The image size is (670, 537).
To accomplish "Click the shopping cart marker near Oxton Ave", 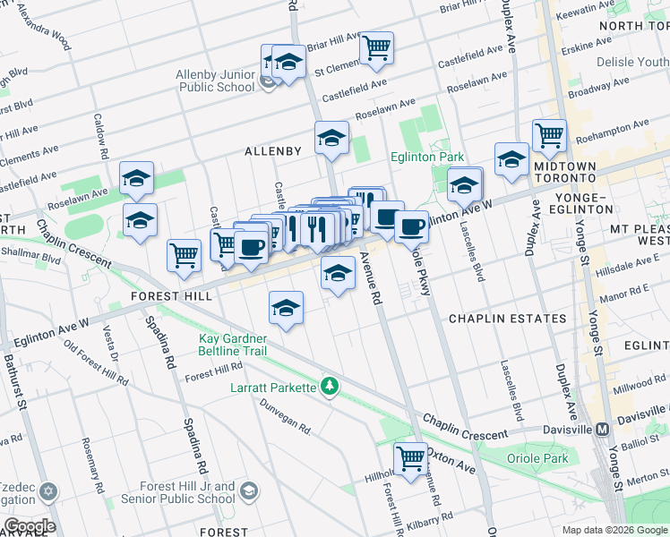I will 410,458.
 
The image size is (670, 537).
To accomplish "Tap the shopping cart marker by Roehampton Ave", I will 549,136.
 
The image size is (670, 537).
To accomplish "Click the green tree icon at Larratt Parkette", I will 331,387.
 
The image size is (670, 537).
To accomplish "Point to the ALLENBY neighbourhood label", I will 273,151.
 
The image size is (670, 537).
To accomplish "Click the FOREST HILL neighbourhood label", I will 171,295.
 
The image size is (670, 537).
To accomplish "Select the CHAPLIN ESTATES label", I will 507,319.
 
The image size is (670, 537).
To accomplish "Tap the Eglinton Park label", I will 427,156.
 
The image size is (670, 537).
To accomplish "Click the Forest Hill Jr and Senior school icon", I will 248,491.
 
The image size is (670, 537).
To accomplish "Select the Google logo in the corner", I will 29,525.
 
